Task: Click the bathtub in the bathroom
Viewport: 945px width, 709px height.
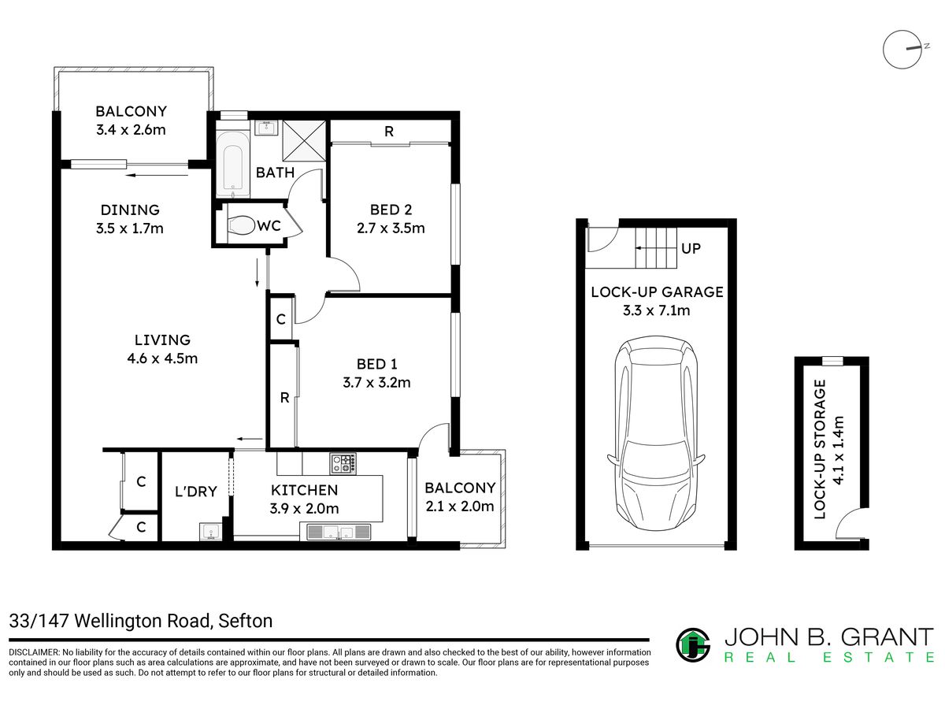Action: (x=233, y=165)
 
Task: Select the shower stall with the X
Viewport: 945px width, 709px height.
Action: (x=303, y=141)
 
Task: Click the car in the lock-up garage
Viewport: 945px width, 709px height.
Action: (x=655, y=432)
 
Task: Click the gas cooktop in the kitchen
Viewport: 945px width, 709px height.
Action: (x=343, y=463)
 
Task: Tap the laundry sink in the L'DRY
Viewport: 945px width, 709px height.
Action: (x=210, y=531)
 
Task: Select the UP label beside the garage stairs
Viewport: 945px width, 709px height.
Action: (x=691, y=248)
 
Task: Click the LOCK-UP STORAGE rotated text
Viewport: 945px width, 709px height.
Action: (x=820, y=449)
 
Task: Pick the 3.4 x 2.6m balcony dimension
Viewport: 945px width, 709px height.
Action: (x=131, y=129)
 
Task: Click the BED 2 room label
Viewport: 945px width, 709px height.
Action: (x=391, y=210)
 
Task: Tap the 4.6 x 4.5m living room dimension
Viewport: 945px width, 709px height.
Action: (x=162, y=358)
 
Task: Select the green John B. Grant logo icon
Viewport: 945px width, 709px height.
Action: (x=693, y=644)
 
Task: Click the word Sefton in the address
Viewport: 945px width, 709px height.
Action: (x=246, y=621)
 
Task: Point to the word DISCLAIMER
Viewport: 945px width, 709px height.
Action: (x=34, y=652)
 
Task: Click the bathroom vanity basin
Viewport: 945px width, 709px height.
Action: (x=266, y=128)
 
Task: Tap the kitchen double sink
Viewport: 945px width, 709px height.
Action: (x=339, y=532)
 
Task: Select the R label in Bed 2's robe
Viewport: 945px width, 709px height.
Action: (x=389, y=132)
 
